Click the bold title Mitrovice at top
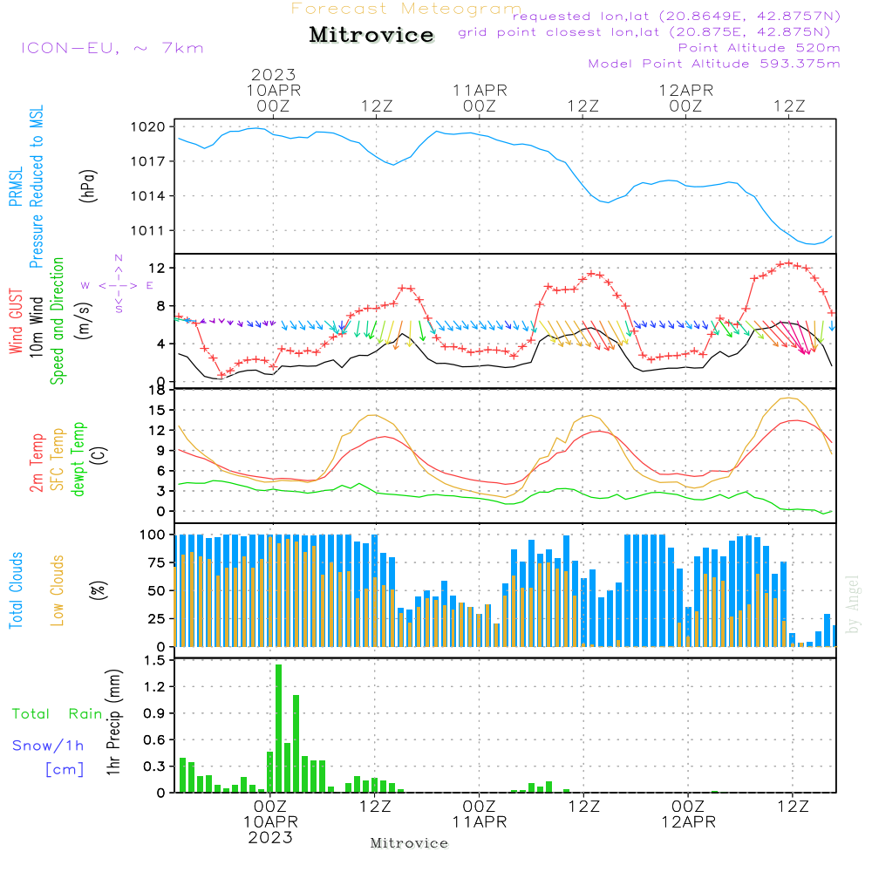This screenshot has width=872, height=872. point(371,35)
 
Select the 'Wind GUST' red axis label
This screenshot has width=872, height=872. point(16,323)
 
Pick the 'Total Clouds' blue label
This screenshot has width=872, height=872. point(16,590)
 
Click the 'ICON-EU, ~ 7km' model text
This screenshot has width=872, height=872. point(112,48)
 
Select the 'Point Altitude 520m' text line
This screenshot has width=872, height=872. point(759,48)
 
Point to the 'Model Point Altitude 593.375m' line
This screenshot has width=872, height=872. point(714,64)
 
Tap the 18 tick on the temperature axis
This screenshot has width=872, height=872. point(158,390)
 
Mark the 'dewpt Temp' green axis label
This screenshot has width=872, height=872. point(79,460)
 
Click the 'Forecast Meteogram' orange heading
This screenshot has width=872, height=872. point(406,10)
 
